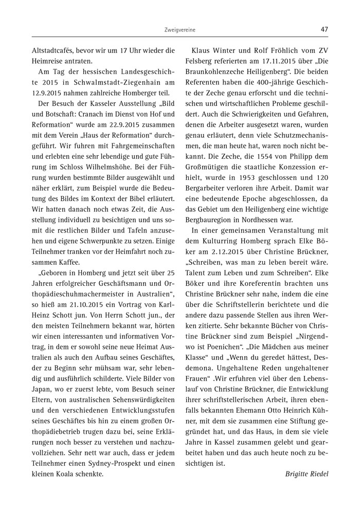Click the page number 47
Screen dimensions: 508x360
[x=324, y=29]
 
